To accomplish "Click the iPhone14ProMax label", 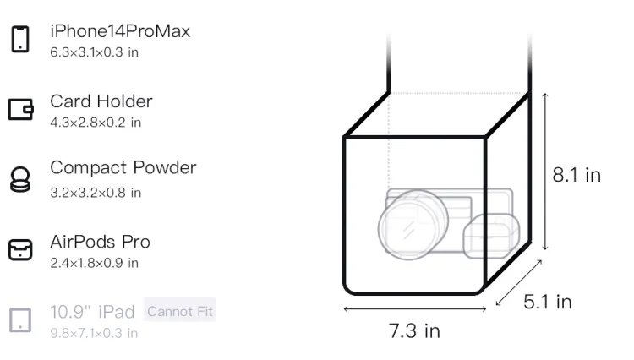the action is [120, 31].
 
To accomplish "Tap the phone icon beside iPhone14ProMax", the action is [20, 39].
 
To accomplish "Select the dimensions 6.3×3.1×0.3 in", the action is [94, 52].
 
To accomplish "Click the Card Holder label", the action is [101, 101].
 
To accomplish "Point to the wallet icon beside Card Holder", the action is [20, 110].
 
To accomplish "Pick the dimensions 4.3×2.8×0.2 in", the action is [96, 123].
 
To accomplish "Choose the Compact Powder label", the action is [123, 167].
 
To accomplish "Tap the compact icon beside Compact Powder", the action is [20, 179].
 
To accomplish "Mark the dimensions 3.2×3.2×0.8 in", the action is [96, 193].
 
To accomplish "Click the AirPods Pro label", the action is [100, 242].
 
